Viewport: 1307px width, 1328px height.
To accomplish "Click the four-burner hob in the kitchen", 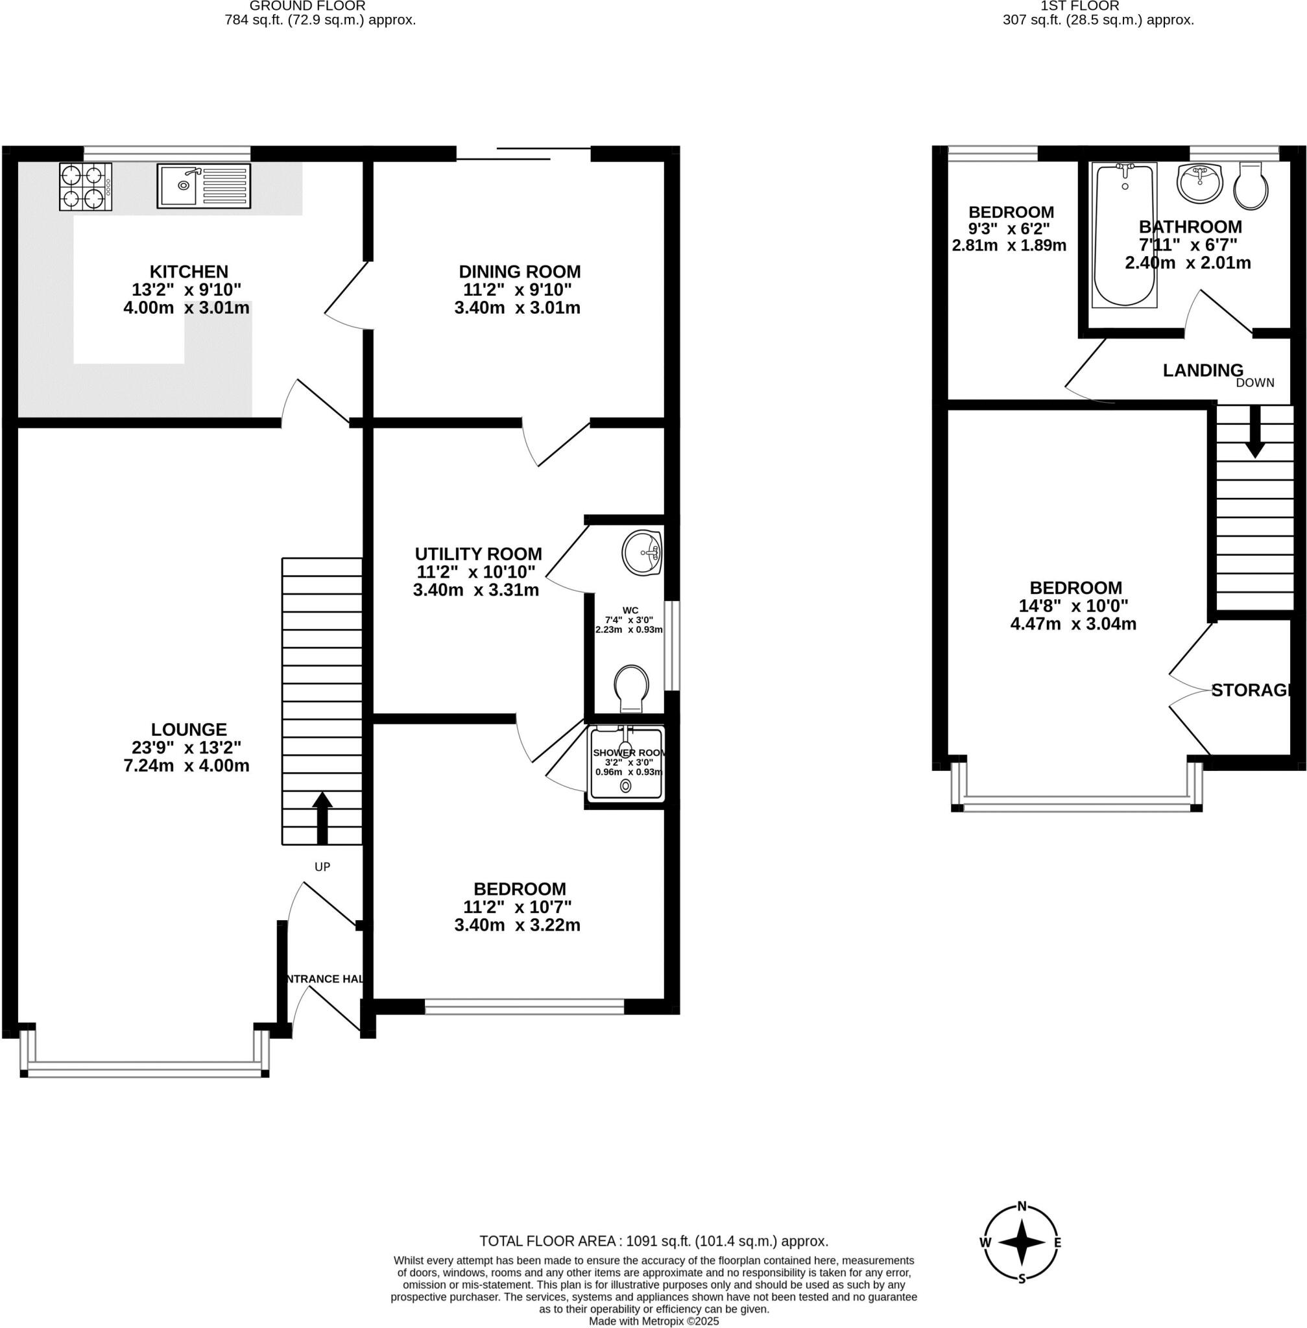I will (x=85, y=186).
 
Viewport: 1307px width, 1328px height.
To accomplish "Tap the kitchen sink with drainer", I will (x=203, y=185).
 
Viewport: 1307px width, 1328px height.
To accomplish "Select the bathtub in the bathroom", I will (x=1124, y=234).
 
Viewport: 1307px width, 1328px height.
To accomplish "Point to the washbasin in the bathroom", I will (x=1199, y=184).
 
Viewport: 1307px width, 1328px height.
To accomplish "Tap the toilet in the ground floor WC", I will (x=631, y=689).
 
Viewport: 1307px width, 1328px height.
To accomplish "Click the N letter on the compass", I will (x=1022, y=1207).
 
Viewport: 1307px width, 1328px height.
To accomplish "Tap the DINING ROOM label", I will (x=520, y=271).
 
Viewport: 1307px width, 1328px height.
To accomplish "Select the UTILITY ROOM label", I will (x=478, y=554).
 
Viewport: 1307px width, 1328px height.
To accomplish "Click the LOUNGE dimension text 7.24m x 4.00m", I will (x=186, y=766).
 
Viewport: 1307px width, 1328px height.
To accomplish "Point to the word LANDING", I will (x=1203, y=371).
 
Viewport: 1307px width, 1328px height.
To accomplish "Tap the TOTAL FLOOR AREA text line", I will (x=654, y=1241).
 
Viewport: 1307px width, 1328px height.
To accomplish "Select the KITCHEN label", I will (x=189, y=271).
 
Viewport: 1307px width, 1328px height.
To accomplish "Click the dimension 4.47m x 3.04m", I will (x=1073, y=624).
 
